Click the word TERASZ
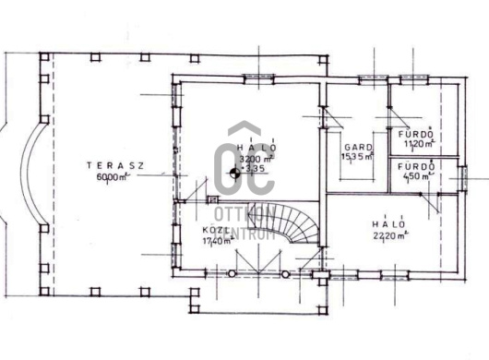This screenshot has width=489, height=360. tap(115, 165)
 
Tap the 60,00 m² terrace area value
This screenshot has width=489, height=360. tap(111, 177)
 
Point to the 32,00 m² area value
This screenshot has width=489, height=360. tap(246, 158)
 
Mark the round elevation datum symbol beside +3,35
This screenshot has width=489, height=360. tap(233, 170)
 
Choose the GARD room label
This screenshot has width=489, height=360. tap(357, 147)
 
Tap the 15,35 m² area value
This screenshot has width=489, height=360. tap(357, 157)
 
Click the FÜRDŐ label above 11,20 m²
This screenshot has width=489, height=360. tap(416, 134)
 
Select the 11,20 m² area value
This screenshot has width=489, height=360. tap(416, 144)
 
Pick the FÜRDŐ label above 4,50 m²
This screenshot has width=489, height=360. tap(416, 166)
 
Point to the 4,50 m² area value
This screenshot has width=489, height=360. tap(416, 176)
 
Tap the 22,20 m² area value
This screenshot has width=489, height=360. tap(388, 235)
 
